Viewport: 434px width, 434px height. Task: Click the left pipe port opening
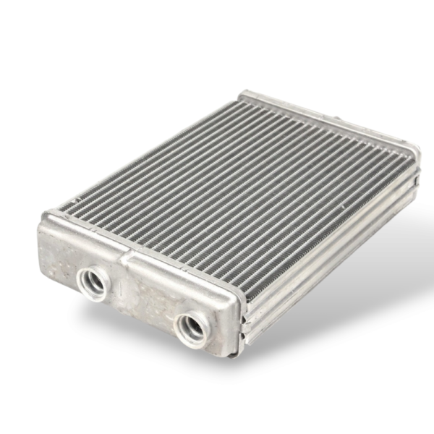pyautogui.click(x=93, y=281)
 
